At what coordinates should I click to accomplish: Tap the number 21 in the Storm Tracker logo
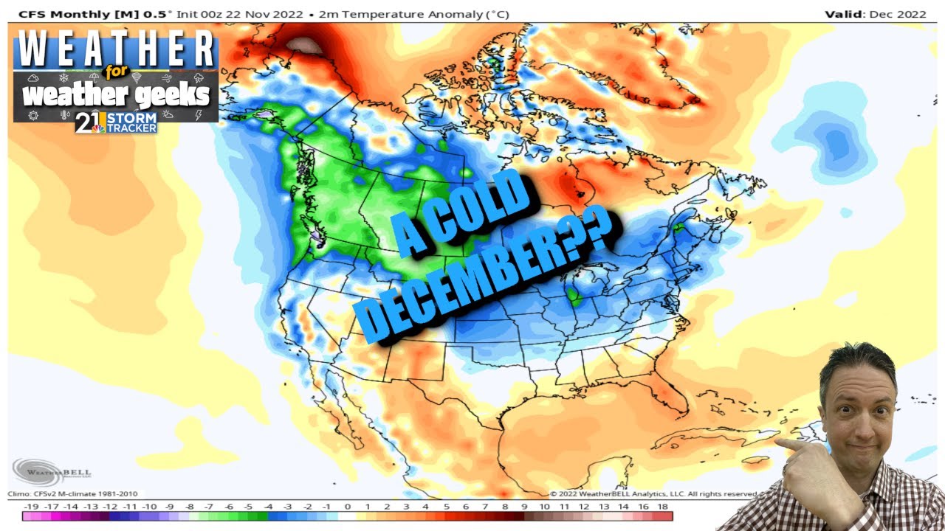point(89,122)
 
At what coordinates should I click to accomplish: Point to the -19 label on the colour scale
point(31,507)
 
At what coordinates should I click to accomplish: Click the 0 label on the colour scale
point(347,507)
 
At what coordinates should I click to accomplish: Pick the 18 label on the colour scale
point(662,507)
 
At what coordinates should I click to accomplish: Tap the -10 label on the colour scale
point(149,507)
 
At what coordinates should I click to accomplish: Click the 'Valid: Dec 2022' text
point(876,14)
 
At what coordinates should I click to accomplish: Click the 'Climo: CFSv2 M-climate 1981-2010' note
point(72,493)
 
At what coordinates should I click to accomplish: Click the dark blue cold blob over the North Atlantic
point(834,144)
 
